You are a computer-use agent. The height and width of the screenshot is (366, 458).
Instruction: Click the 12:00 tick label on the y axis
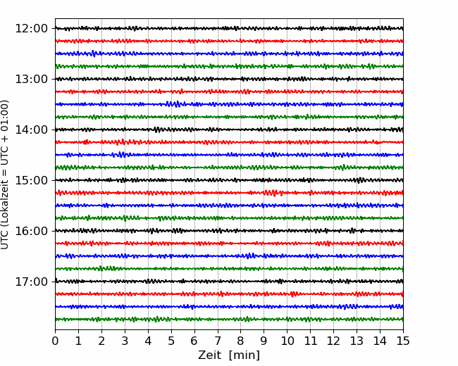pos(31,29)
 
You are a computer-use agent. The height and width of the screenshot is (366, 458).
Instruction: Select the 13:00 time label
pos(31,79)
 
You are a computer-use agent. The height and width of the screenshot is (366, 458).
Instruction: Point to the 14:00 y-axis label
pos(31,130)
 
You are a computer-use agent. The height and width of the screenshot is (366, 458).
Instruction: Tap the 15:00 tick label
pos(31,180)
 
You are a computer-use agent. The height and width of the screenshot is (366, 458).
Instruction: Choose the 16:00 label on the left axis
pos(31,231)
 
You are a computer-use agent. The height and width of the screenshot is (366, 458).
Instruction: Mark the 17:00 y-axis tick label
pos(31,282)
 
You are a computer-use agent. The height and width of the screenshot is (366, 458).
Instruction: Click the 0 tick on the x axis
pos(55,341)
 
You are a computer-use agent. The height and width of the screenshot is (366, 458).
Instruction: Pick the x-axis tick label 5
pos(171,341)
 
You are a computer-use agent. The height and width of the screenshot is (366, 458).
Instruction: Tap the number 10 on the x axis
pos(287,341)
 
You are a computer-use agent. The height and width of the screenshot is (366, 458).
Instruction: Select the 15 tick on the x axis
pos(403,341)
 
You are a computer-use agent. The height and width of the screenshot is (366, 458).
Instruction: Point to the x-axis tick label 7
pos(218,341)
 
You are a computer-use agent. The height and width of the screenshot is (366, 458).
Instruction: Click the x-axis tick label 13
pos(357,341)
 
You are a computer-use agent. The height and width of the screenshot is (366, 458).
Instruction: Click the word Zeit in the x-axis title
pos(210,355)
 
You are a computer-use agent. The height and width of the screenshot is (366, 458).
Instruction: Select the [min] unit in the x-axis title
pos(245,355)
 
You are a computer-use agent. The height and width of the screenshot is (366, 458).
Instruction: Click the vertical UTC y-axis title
pos(5,175)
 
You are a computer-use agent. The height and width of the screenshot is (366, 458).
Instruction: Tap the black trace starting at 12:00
pos(229,28)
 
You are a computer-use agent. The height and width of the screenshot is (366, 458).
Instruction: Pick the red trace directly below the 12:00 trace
pos(229,41)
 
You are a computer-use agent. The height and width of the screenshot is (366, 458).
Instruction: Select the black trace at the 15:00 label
pos(229,180)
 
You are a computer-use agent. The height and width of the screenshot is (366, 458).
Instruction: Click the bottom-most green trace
pos(229,320)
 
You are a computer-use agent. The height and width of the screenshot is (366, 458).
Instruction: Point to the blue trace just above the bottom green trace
pos(229,306)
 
